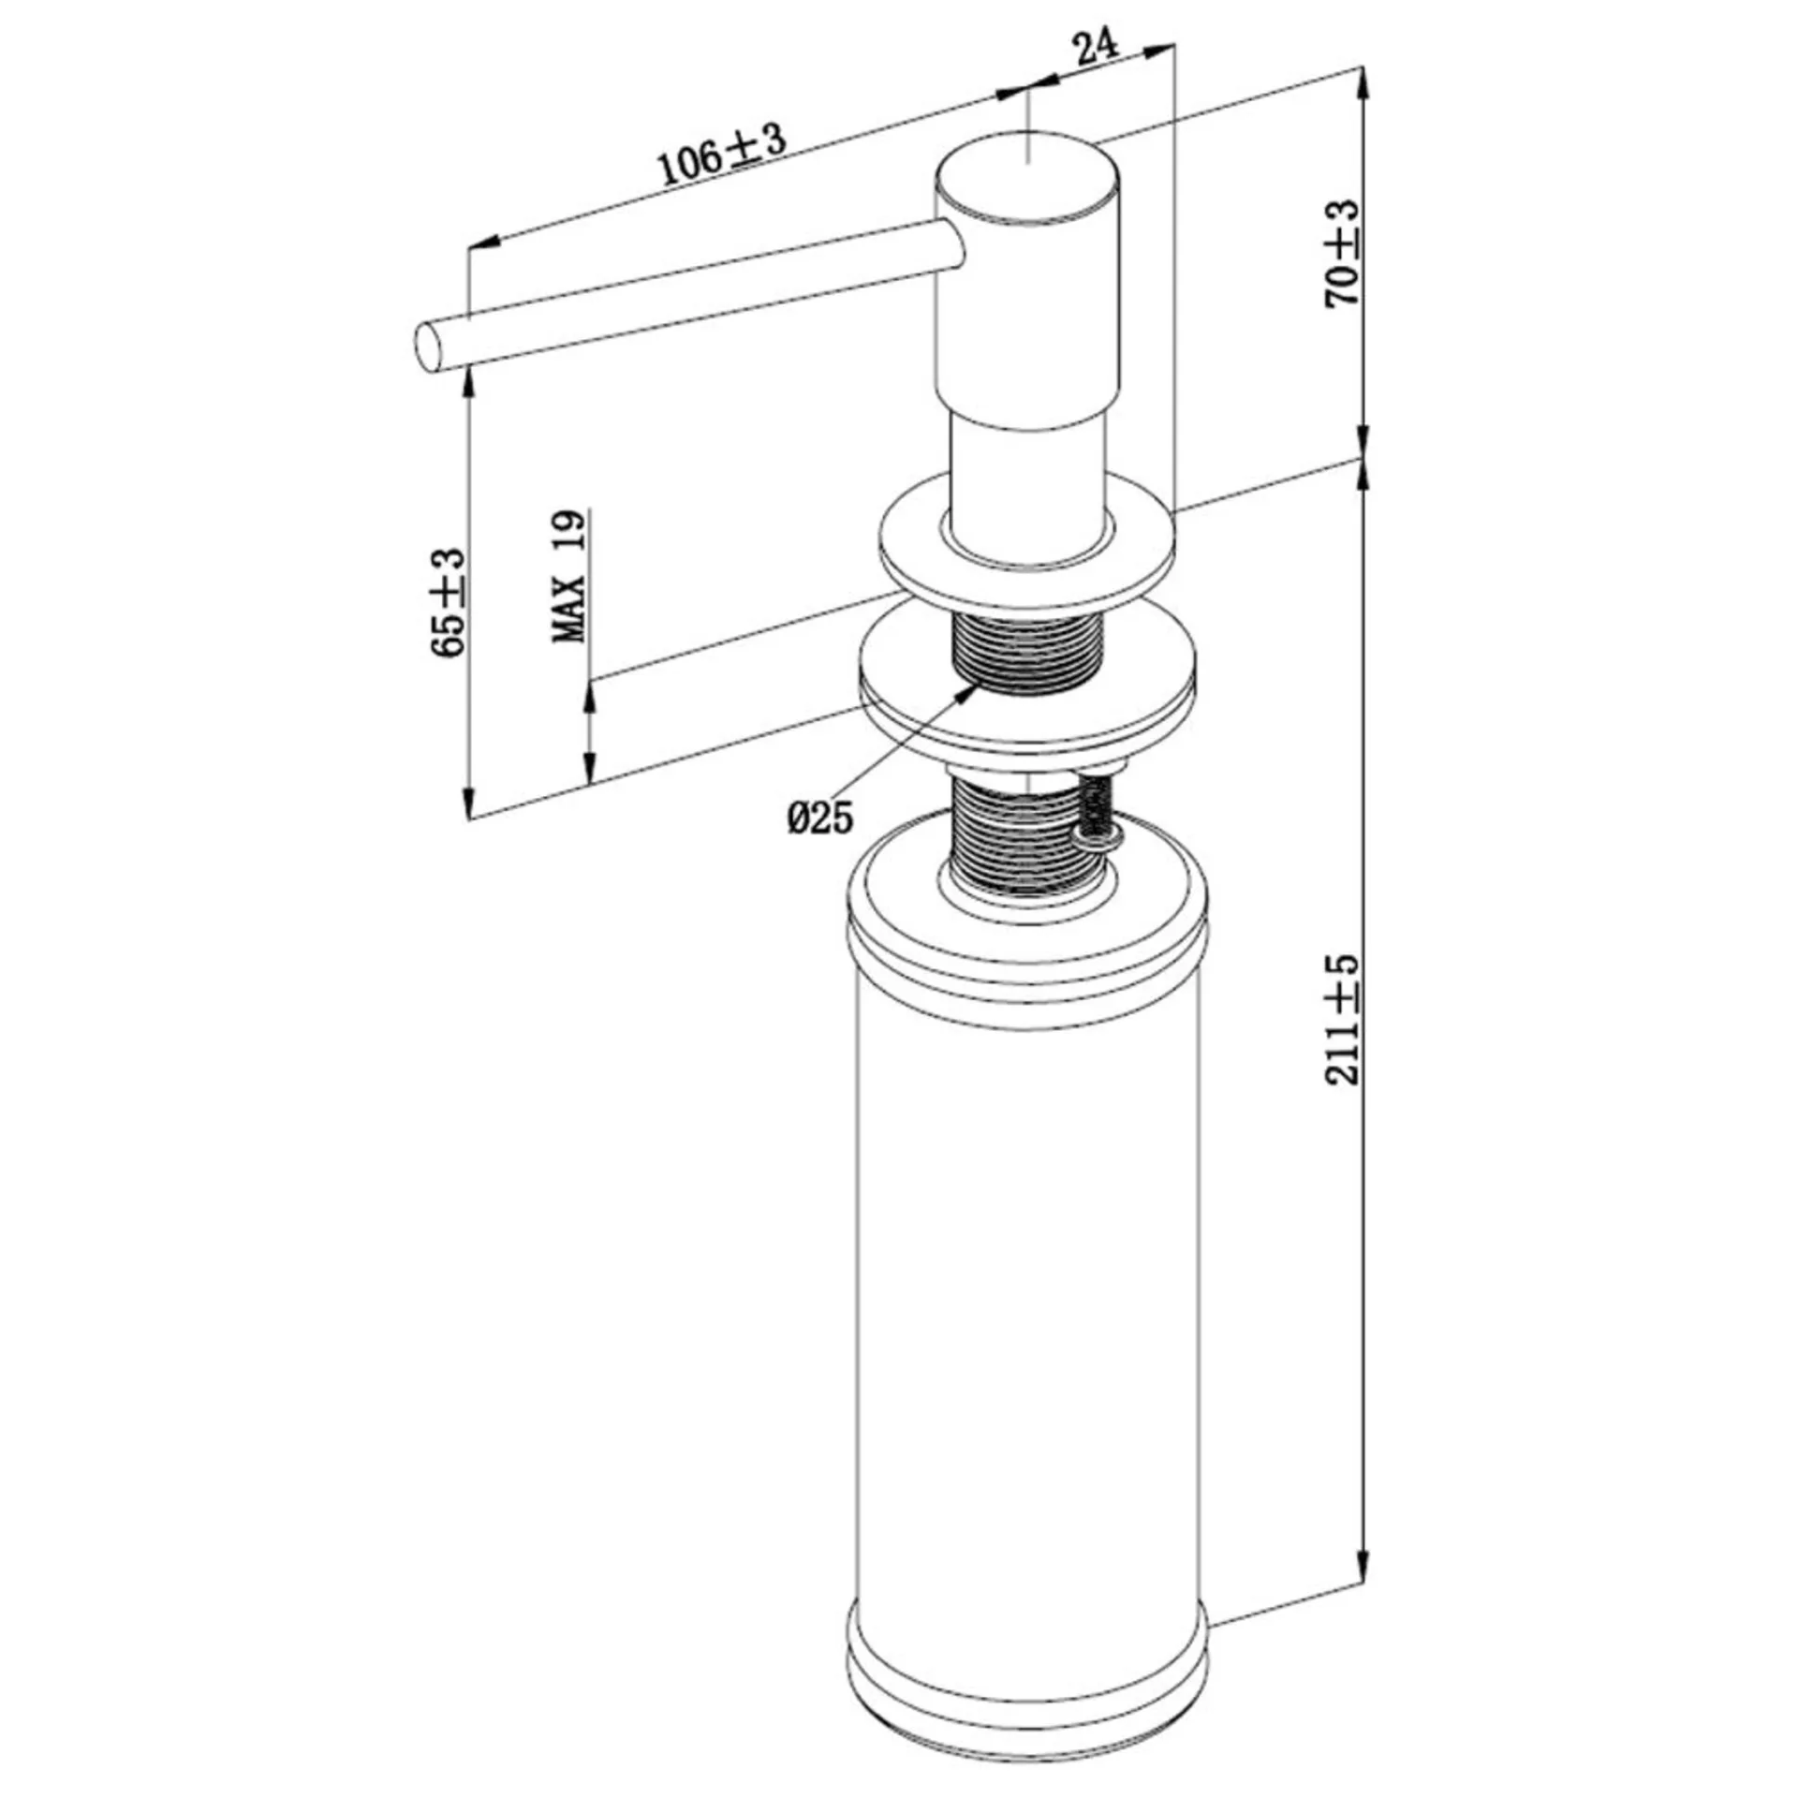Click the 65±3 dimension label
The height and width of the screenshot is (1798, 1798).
(x=449, y=603)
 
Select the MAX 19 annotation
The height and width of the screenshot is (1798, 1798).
(x=569, y=575)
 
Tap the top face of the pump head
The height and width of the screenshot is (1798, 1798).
(x=1028, y=177)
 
